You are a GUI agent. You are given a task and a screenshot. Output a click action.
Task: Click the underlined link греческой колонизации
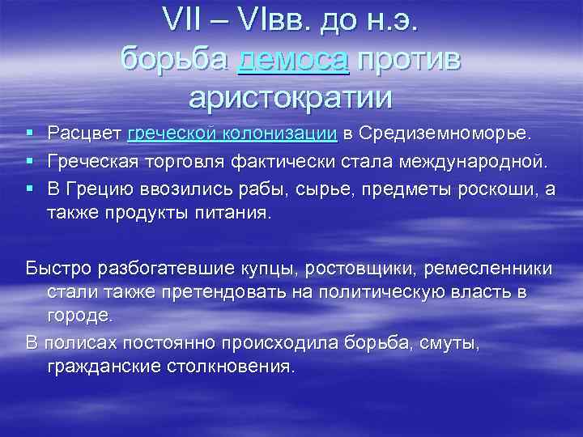pos(232,132)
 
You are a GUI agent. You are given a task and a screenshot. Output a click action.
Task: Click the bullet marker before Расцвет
pos(29,132)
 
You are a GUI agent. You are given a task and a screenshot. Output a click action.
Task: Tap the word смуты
pos(451,343)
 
